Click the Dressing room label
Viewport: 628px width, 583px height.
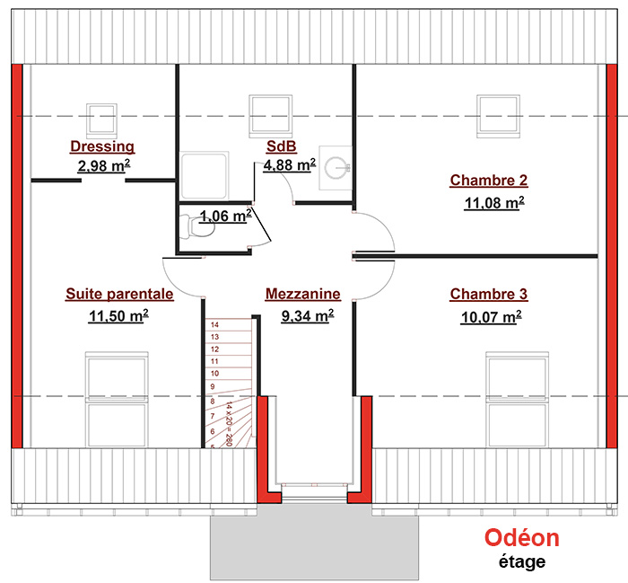[102, 146]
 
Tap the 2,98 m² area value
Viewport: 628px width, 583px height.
[104, 165]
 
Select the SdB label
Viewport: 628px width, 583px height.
[282, 146]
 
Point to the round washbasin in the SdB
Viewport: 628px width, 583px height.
[336, 168]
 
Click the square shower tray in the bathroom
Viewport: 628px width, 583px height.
[204, 176]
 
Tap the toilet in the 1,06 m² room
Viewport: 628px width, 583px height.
[197, 227]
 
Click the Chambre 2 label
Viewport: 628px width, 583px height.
[489, 181]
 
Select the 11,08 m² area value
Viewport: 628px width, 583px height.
[494, 203]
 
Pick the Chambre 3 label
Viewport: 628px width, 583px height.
[489, 294]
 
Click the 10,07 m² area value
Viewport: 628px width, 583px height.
[491, 317]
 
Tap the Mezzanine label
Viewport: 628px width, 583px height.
[303, 294]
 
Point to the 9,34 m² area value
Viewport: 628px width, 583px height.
[307, 316]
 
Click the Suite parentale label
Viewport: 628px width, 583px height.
[119, 294]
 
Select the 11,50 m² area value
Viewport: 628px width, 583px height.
[118, 316]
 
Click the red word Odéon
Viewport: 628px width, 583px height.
[522, 538]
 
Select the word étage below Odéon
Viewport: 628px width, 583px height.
[522, 561]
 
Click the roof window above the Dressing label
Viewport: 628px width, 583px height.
[101, 119]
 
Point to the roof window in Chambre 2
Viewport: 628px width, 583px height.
[498, 116]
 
